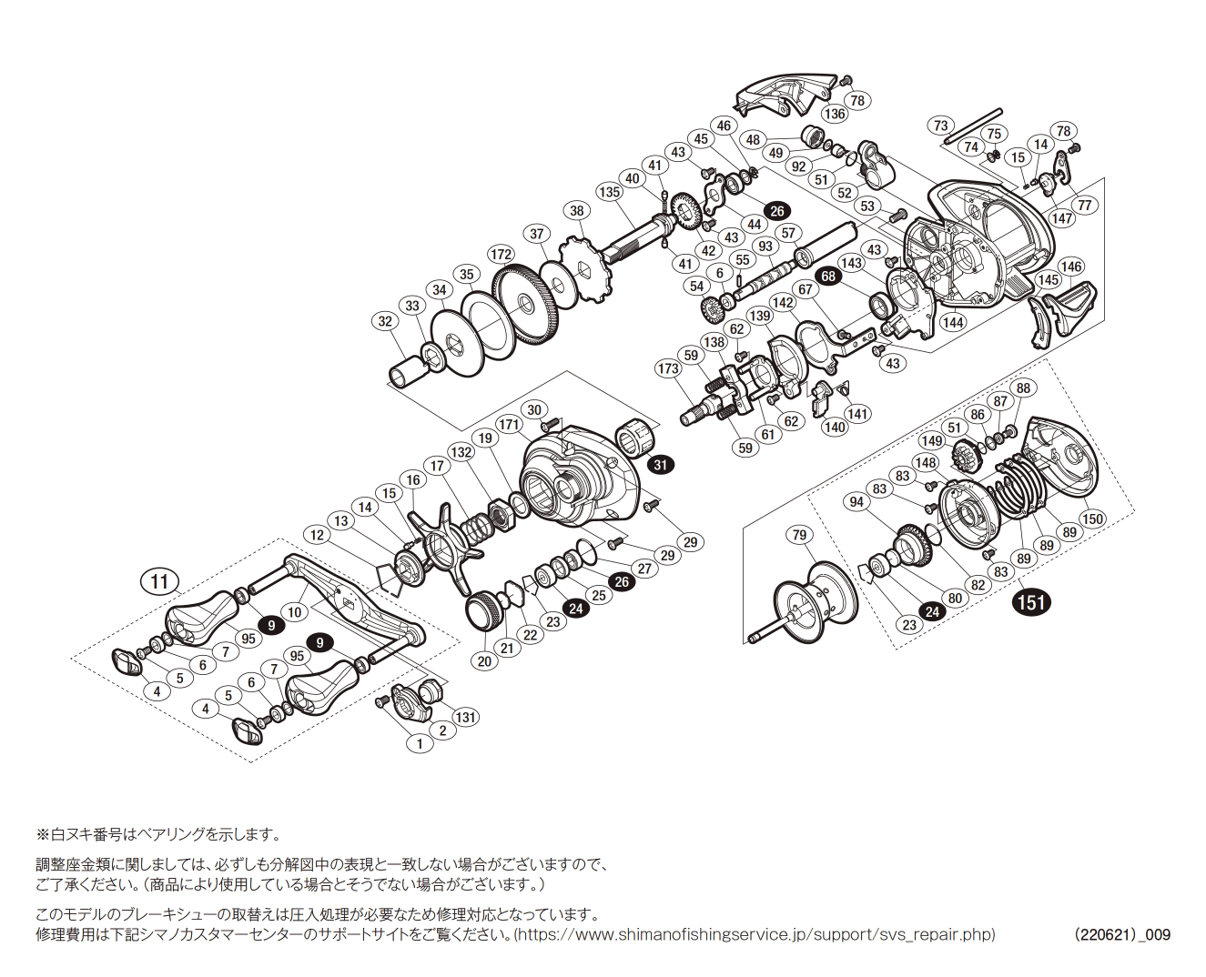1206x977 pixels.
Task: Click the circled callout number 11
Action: click(x=159, y=581)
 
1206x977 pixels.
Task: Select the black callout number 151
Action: click(x=1031, y=602)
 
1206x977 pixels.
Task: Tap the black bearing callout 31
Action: click(x=661, y=465)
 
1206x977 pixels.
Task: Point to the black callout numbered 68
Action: click(x=828, y=277)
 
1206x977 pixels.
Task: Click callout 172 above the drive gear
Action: click(x=501, y=255)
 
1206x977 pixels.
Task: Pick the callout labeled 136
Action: click(x=834, y=114)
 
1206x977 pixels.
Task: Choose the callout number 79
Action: click(x=799, y=535)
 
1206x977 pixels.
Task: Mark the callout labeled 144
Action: click(x=953, y=322)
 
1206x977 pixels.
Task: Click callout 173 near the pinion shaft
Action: click(x=668, y=368)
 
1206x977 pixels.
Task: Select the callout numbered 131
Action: click(x=465, y=717)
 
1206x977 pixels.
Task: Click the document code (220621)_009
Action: click(x=1121, y=934)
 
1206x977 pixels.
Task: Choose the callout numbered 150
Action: click(x=1092, y=519)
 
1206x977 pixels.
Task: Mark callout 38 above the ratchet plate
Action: click(x=577, y=211)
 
